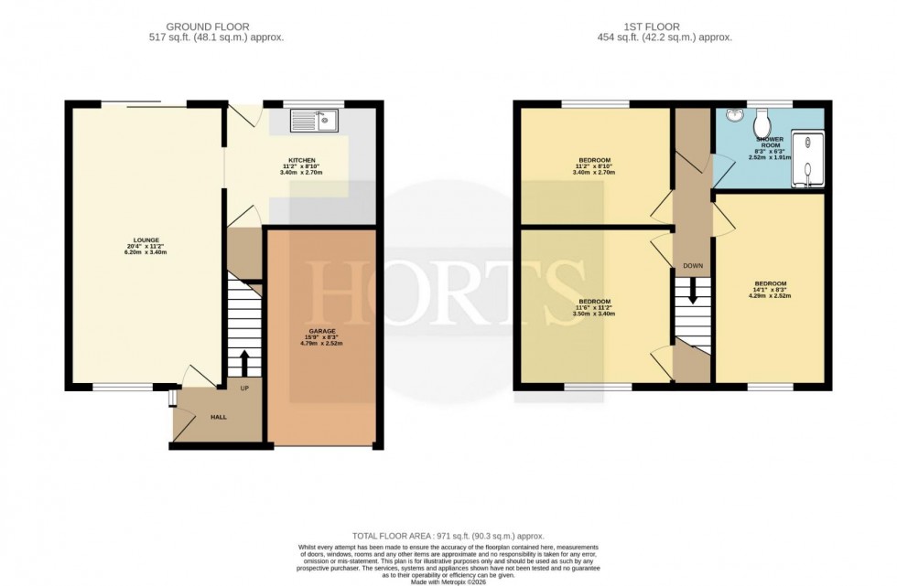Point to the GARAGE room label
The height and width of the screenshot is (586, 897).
(321, 330)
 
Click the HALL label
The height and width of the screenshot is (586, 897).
(218, 417)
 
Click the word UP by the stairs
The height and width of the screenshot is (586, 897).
(244, 388)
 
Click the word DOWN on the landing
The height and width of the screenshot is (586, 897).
(692, 266)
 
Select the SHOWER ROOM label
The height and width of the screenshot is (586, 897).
(770, 144)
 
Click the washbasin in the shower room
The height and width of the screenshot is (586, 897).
(732, 116)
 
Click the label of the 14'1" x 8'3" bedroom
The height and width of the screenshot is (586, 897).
(771, 283)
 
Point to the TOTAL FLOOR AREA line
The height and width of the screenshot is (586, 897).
(448, 536)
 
